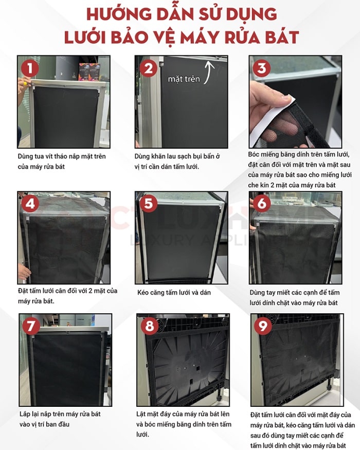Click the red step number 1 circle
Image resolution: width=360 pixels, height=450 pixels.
coord(30,68)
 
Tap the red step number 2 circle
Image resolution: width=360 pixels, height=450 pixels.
coord(149,68)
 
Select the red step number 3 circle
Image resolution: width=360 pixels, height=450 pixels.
coord(262,68)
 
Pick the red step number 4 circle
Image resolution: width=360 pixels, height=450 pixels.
coord(30,204)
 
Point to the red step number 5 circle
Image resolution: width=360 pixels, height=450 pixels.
coord(149,204)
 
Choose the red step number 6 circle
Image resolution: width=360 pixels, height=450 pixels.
coord(262,204)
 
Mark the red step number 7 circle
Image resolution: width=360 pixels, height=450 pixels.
coord(31,326)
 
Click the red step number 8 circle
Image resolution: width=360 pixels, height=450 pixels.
coord(149,326)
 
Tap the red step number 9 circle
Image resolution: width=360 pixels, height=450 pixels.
coord(263,326)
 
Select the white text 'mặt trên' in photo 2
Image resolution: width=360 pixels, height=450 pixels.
coord(184,79)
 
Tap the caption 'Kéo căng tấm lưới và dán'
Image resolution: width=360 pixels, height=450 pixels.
coord(174,293)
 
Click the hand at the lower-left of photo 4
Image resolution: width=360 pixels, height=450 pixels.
coord(24,272)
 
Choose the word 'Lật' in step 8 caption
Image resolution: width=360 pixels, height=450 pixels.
coord(141,414)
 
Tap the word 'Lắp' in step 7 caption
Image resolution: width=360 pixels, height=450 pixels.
coord(25,415)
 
